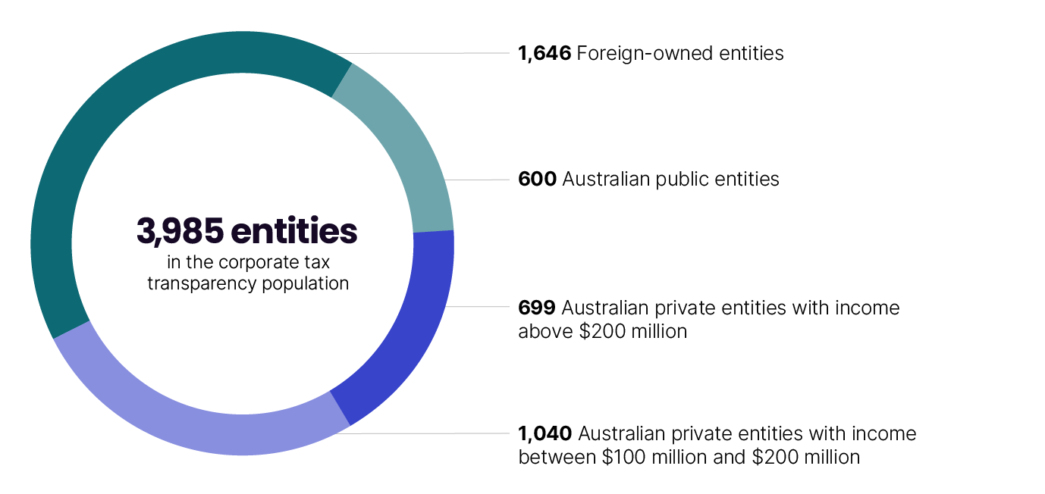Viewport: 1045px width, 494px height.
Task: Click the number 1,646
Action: pyautogui.click(x=544, y=54)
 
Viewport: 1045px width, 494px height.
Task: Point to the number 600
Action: pyautogui.click(x=537, y=180)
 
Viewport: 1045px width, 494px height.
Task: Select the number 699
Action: pyautogui.click(x=537, y=308)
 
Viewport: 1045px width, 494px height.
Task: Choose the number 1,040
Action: pyautogui.click(x=544, y=434)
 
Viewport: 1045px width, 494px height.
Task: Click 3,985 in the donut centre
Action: pyautogui.click(x=180, y=232)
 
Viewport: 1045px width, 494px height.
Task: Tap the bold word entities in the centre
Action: pyautogui.click(x=294, y=232)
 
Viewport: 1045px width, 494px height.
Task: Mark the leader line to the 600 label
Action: pyautogui.click(x=478, y=180)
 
